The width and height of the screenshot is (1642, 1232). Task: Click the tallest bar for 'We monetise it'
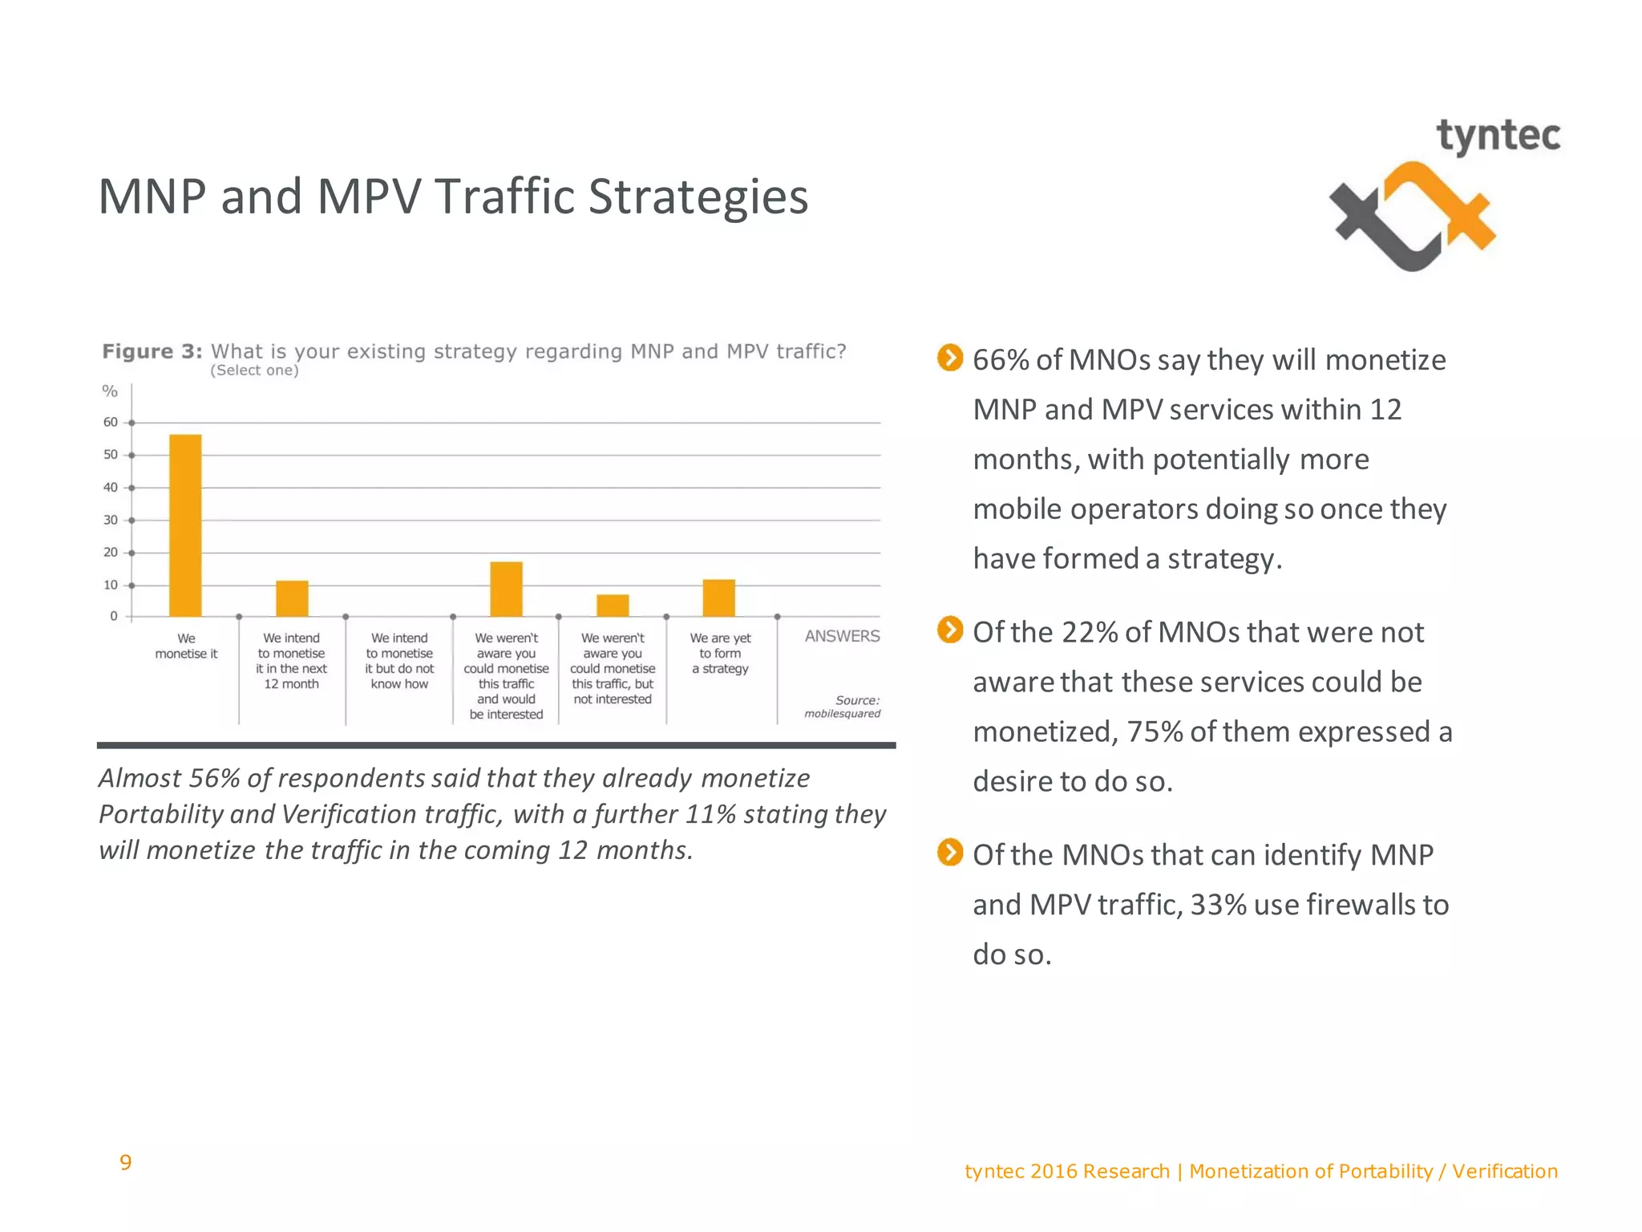coord(185,525)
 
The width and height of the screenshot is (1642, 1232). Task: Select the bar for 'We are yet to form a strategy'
coord(718,598)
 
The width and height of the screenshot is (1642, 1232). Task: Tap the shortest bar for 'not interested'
coord(613,606)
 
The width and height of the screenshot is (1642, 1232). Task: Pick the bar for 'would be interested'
coord(506,589)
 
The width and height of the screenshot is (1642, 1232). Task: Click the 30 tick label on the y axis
coord(111,520)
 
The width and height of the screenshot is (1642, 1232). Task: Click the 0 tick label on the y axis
coord(114,616)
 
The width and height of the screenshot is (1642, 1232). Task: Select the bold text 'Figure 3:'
coord(152,351)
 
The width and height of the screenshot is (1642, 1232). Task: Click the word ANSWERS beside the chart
coord(842,636)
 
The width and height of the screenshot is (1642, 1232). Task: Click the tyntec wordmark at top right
coord(1498,136)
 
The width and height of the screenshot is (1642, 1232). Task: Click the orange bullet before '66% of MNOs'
coord(949,358)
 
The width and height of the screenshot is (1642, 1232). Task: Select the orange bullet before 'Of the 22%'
coord(949,630)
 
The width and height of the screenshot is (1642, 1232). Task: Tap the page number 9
coord(125,1162)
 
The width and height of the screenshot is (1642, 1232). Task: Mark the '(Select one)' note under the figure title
coord(254,371)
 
